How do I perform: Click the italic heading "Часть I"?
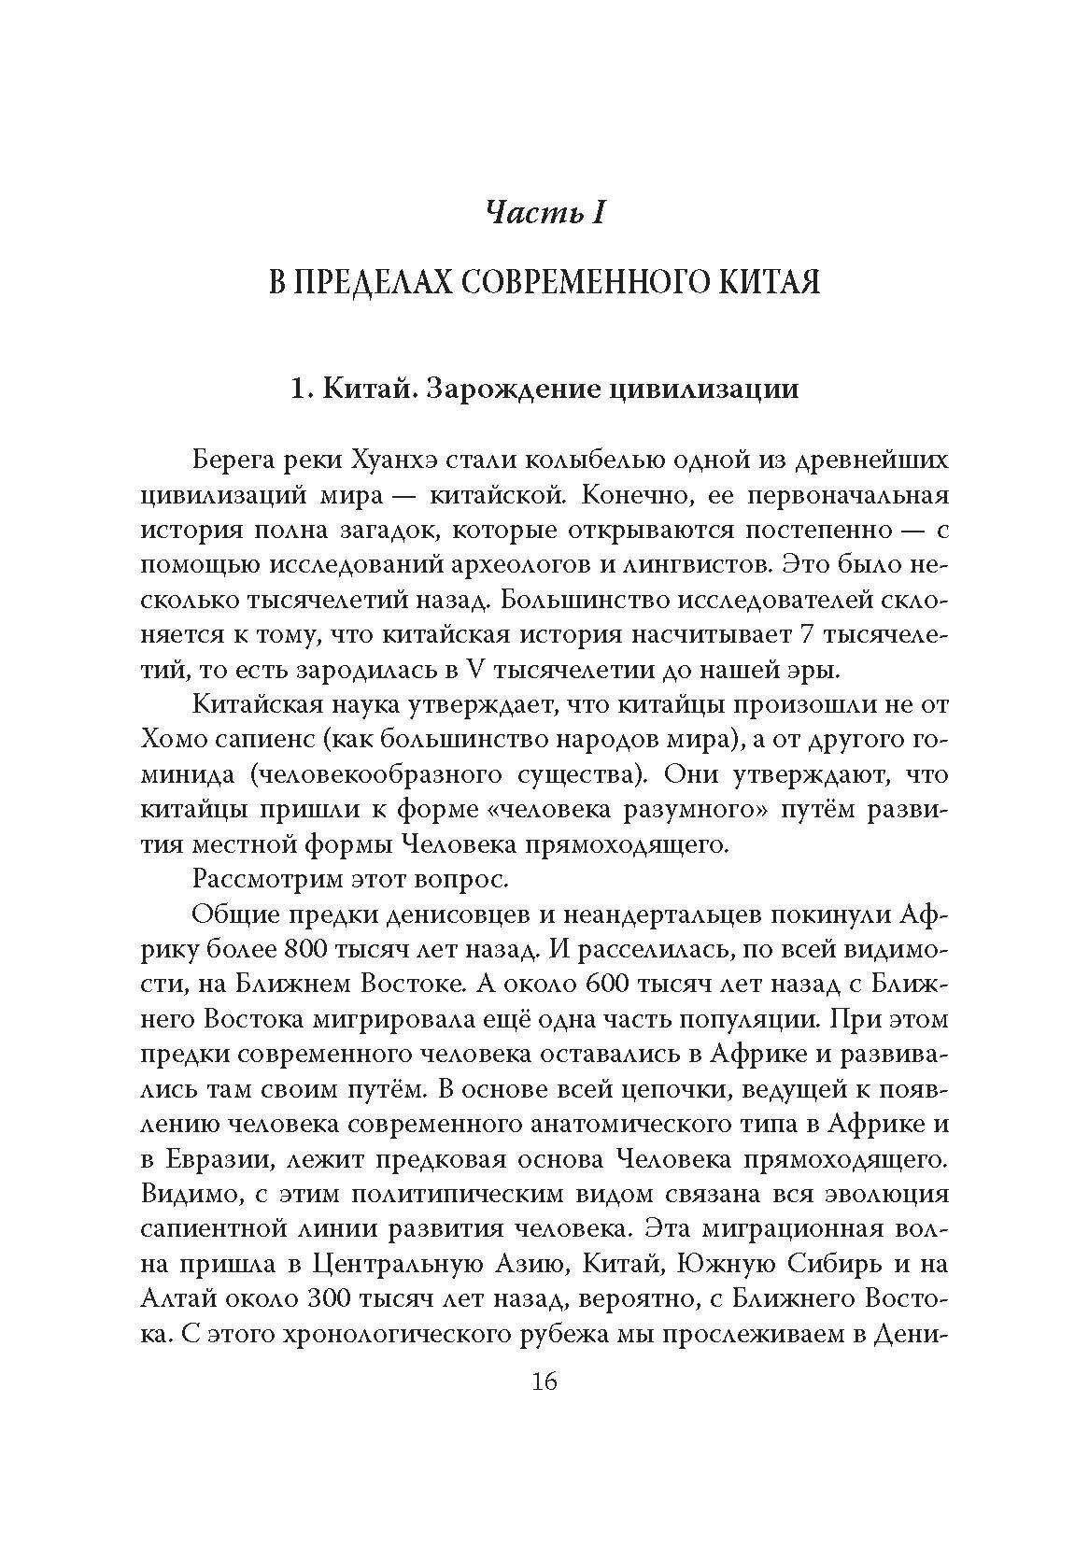point(545,214)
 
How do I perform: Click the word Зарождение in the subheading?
point(502,388)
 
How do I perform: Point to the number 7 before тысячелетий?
point(809,634)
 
